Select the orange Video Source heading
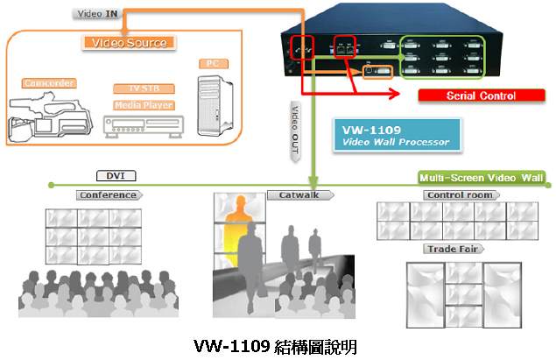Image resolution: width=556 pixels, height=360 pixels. pos(129,43)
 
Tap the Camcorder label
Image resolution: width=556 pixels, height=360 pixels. pos(47,83)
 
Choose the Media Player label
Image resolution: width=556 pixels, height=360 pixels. pos(144,105)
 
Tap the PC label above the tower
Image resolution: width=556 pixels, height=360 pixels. pos(211,63)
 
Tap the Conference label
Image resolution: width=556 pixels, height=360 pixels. pos(108,194)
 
